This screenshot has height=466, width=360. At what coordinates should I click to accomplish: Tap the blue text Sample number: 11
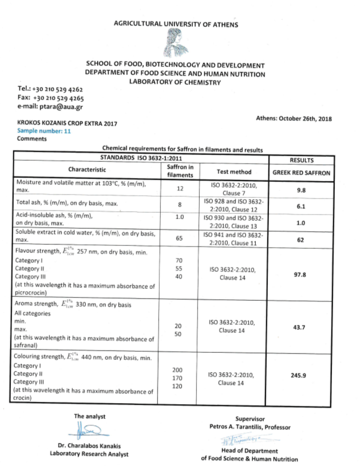click(x=44, y=131)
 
